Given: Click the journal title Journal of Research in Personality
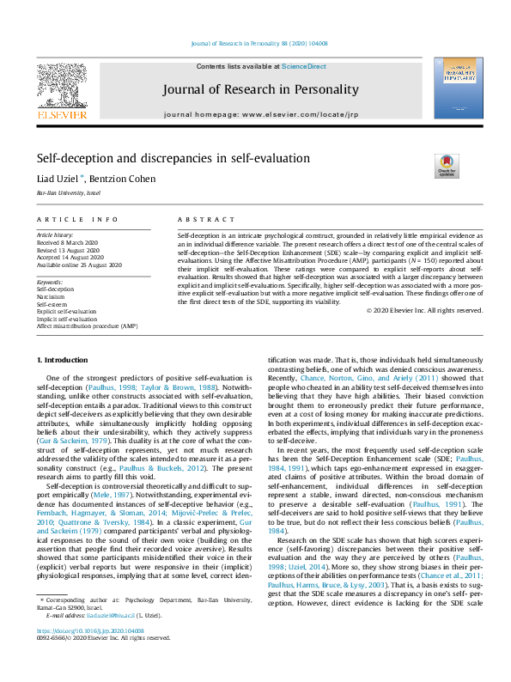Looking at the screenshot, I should tap(256, 88).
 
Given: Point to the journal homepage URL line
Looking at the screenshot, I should tap(256, 113).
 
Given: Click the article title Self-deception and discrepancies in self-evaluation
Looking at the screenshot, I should tap(173, 158).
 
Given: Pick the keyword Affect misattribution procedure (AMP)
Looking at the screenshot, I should tap(87, 326).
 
